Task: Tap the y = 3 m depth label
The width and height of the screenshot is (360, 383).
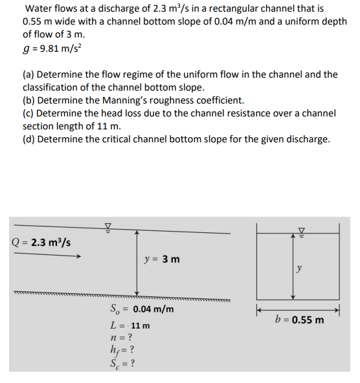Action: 163,259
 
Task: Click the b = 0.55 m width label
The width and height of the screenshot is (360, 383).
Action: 298,320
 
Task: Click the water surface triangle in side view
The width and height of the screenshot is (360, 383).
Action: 108,226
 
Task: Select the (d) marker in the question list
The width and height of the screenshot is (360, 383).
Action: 29,140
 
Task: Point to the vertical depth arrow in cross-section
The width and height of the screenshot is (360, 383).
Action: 293,265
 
